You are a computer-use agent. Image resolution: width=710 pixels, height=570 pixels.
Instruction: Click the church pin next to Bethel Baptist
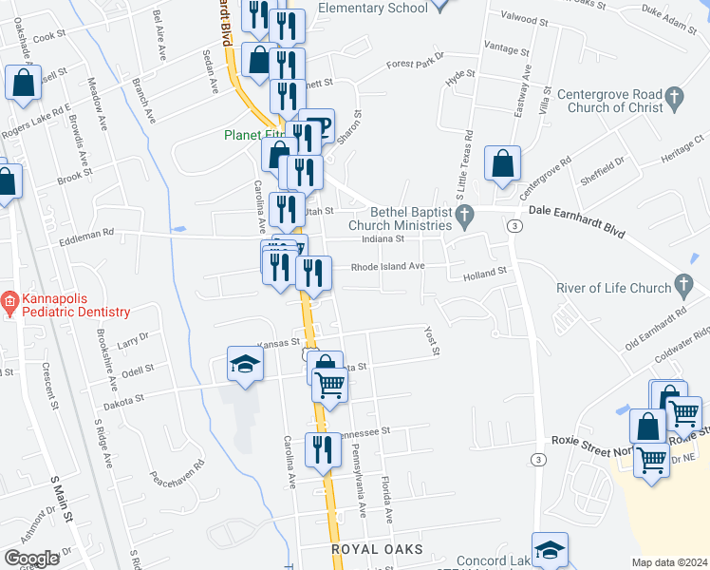click(x=465, y=218)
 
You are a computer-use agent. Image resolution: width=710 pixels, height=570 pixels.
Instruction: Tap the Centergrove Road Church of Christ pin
click(x=675, y=96)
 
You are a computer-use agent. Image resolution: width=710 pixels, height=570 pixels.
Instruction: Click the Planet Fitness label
click(x=252, y=135)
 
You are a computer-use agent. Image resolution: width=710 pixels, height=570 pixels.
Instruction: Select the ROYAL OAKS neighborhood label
click(x=373, y=550)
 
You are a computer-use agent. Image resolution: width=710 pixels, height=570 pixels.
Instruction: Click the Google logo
click(x=32, y=559)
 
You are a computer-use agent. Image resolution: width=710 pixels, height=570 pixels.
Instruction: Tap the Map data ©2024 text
click(x=670, y=562)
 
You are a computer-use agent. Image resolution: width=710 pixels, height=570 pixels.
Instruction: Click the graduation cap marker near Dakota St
click(x=245, y=364)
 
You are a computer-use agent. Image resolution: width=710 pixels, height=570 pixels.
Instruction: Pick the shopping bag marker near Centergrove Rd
click(x=502, y=163)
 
